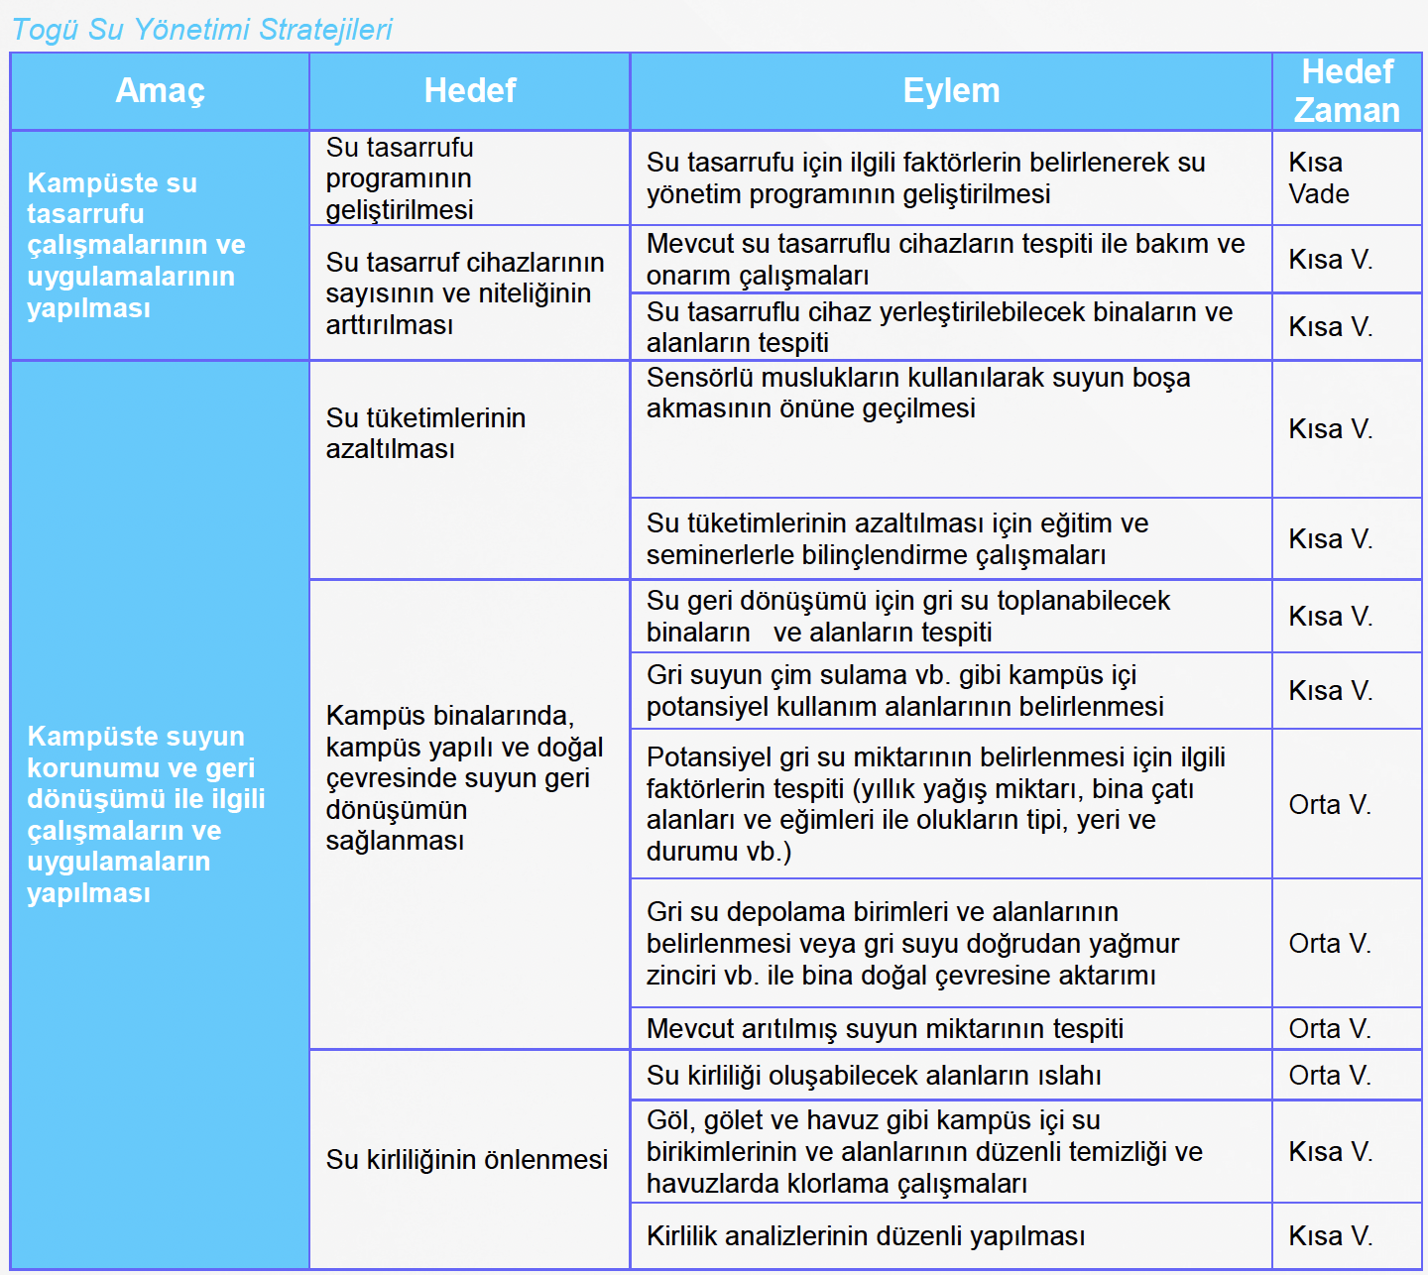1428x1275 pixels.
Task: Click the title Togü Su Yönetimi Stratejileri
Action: [x=202, y=30]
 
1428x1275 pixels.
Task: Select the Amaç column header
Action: [x=160, y=90]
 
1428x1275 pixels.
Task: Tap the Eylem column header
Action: [x=950, y=90]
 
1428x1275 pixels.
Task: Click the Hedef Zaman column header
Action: [x=1347, y=90]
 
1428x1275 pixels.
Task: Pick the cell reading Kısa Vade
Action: [x=1319, y=177]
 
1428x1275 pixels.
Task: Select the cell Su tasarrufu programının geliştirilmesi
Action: [x=400, y=178]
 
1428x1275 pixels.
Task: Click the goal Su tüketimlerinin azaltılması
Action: [x=425, y=433]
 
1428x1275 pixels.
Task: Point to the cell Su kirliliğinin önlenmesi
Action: [x=466, y=1159]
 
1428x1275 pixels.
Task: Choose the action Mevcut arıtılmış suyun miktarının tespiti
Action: [x=885, y=1028]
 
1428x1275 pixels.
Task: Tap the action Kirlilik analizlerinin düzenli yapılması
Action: [x=866, y=1235]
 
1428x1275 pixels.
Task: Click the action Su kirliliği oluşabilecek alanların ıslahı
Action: [x=874, y=1075]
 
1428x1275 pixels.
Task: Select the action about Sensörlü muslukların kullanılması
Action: [x=918, y=393]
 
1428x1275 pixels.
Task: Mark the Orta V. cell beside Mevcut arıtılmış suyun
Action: [x=1330, y=1028]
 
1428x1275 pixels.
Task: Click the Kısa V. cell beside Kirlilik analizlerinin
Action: [x=1330, y=1235]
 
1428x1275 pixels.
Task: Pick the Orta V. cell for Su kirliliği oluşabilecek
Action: [x=1330, y=1075]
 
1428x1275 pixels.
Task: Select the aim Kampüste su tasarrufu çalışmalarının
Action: [x=136, y=245]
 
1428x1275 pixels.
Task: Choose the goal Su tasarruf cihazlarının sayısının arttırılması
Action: [x=464, y=293]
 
